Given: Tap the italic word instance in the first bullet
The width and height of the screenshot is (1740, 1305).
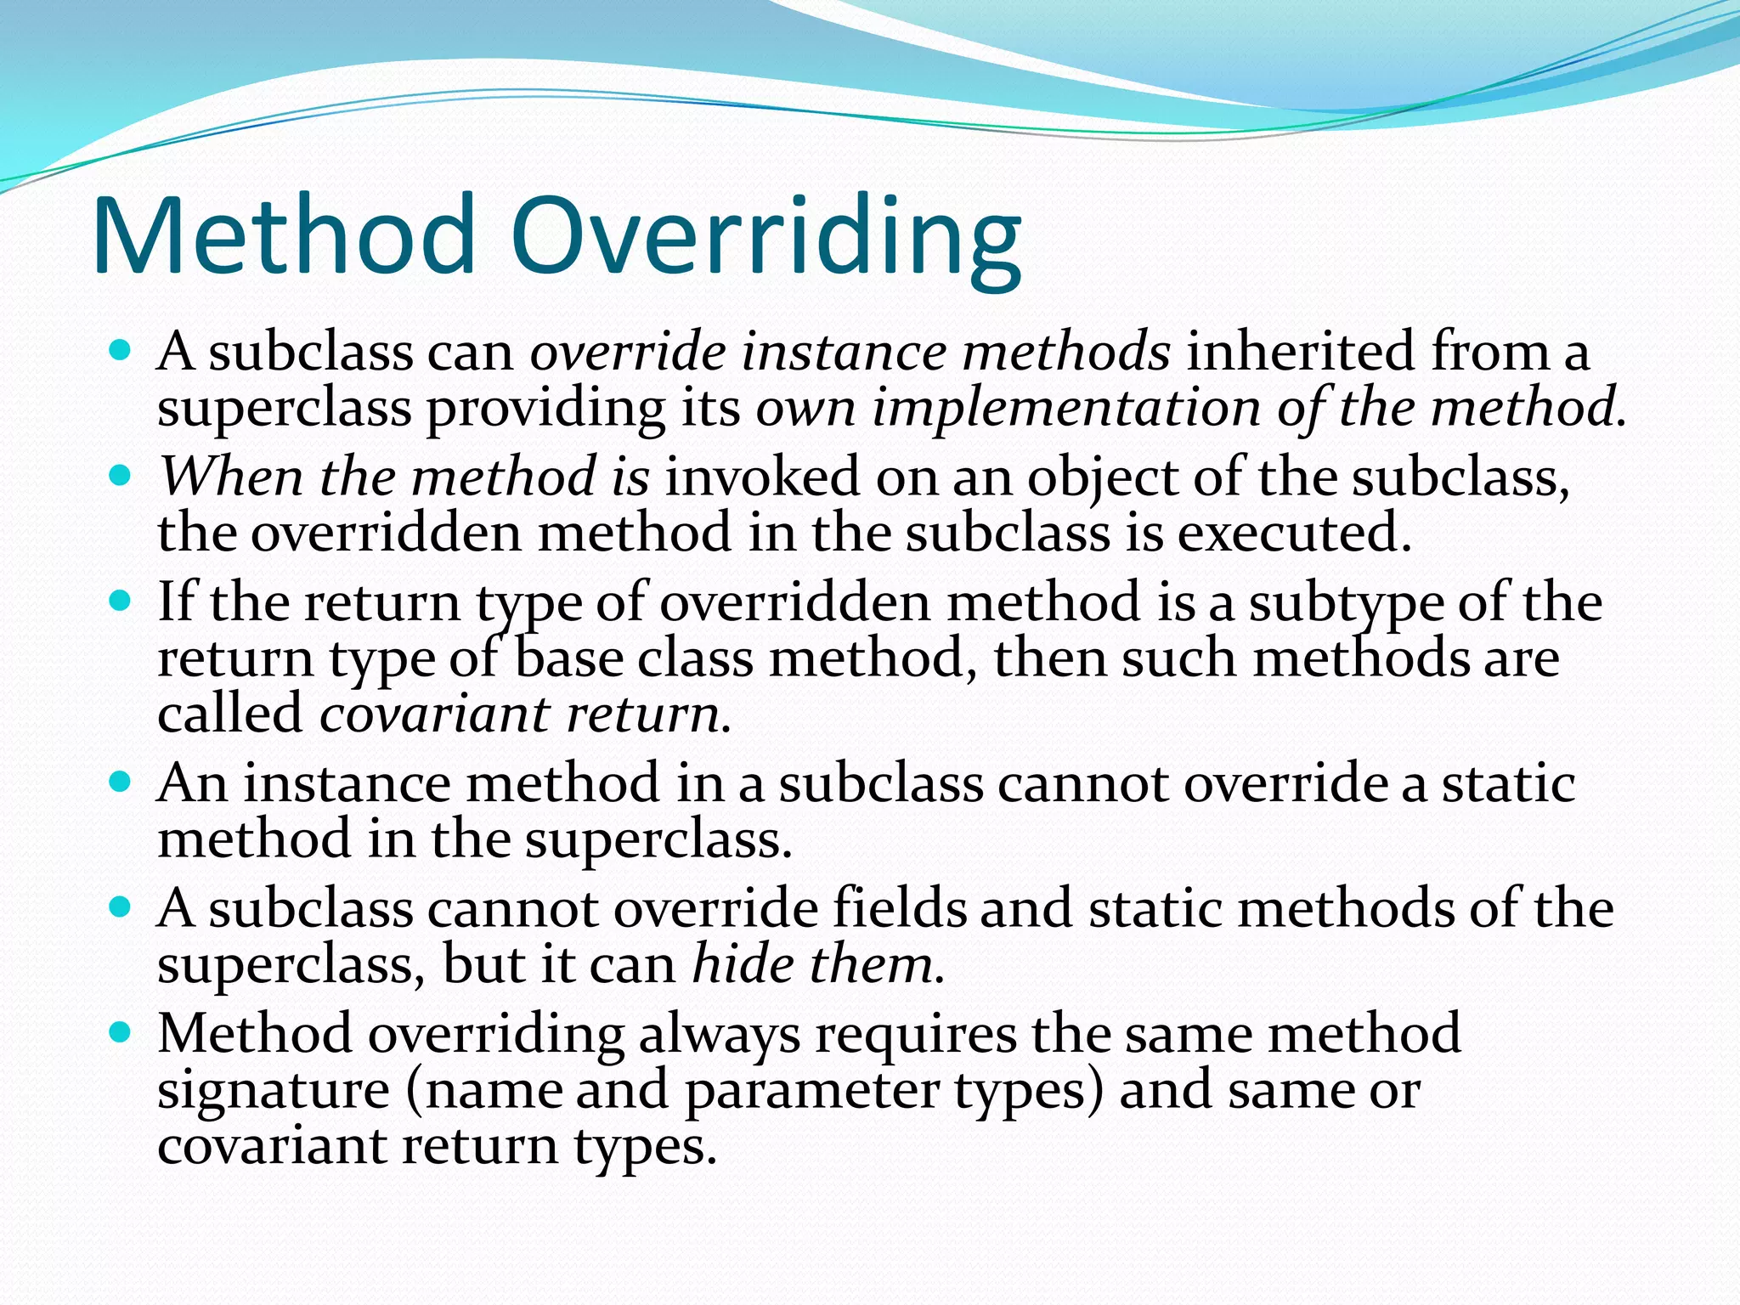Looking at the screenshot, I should (843, 352).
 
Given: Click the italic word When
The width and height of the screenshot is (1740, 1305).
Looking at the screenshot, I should (231, 477).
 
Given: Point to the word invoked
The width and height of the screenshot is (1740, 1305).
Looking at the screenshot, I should (762, 477).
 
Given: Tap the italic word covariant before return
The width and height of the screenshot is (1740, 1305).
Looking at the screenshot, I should (434, 715).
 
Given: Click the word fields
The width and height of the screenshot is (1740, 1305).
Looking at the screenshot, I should (899, 908).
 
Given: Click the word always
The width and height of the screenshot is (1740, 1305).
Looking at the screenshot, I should (719, 1035).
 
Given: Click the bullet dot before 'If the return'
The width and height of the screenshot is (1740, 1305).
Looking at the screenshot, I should (121, 602).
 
